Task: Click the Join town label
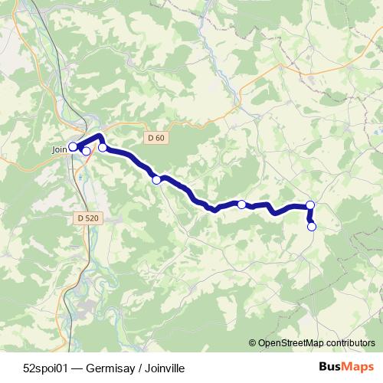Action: coord(60,150)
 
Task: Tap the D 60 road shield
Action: coord(155,138)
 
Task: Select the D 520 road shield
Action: coord(88,218)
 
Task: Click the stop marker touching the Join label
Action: coord(73,146)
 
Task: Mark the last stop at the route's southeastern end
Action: coord(312,226)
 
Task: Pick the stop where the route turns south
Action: coord(310,205)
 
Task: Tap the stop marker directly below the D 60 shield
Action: coord(156,180)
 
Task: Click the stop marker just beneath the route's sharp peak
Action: coord(103,147)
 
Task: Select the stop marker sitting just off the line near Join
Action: coord(86,151)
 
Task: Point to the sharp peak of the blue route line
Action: coord(100,136)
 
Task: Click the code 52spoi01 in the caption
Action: coord(44,368)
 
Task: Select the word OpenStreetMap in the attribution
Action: coord(291,343)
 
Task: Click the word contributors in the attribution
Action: coord(349,343)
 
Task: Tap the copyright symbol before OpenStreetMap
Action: coord(253,343)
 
